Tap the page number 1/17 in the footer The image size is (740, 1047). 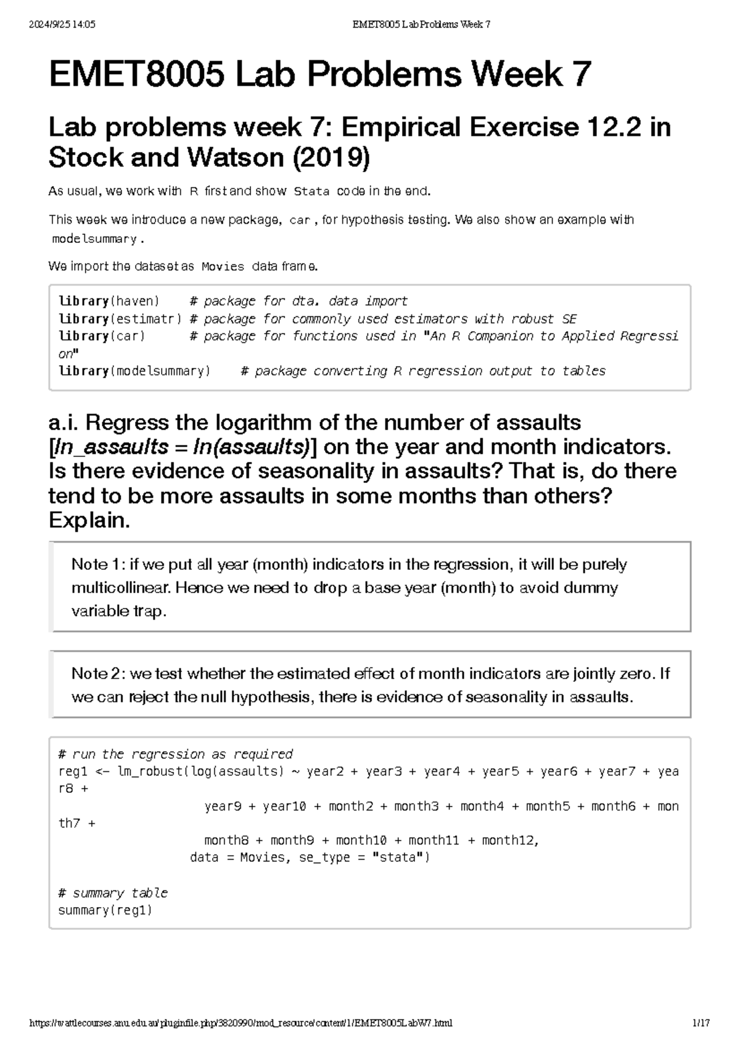click(x=701, y=1023)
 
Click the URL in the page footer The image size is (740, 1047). click(x=241, y=1023)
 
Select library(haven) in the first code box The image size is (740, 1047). click(x=109, y=301)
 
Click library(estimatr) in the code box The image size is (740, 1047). click(x=120, y=319)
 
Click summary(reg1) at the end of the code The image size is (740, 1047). click(x=105, y=910)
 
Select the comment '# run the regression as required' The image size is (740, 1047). click(x=175, y=754)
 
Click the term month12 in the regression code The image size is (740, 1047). click(x=509, y=840)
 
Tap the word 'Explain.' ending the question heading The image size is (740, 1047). click(x=89, y=520)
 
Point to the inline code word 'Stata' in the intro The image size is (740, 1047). click(x=311, y=192)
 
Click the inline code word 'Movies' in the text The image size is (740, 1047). click(x=223, y=267)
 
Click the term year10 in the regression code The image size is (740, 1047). click(x=284, y=806)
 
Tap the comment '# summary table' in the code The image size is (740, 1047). click(x=113, y=893)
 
